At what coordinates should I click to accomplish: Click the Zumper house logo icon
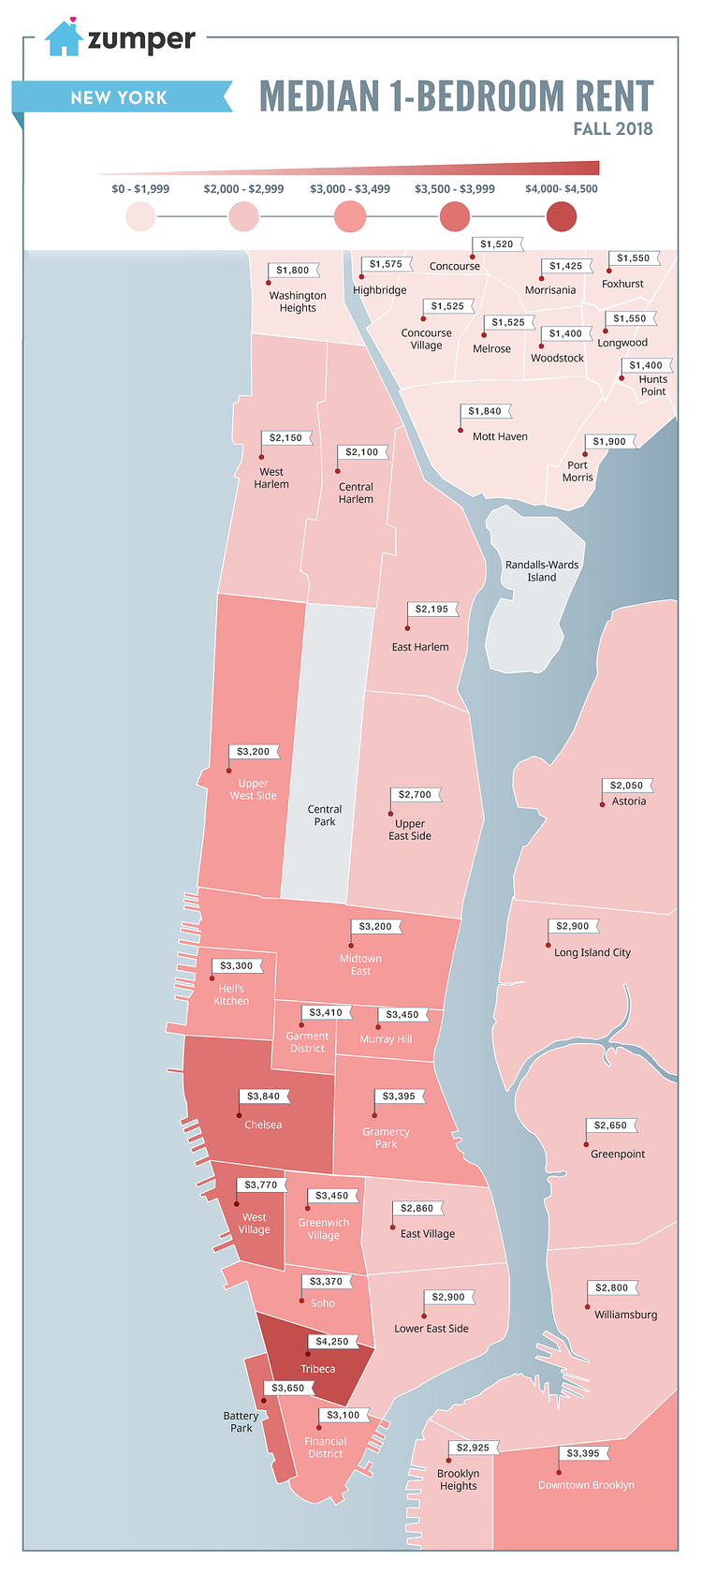(64, 38)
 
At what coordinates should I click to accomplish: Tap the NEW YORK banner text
(119, 97)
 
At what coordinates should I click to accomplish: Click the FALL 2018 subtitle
(613, 129)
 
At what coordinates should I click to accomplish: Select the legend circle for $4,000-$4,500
(562, 217)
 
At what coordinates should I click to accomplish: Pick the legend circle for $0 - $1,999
(140, 217)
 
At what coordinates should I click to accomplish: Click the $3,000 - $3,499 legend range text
(350, 189)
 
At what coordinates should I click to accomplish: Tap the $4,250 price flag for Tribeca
(332, 1342)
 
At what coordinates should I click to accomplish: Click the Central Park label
(325, 816)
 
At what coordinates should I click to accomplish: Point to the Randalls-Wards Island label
(542, 571)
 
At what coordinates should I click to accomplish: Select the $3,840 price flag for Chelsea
(264, 1096)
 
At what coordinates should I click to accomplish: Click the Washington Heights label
(298, 302)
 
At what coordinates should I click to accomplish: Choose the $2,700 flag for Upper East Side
(416, 795)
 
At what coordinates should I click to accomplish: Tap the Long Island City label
(592, 953)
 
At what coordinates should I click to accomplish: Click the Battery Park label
(241, 1422)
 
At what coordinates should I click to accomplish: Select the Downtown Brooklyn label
(586, 1485)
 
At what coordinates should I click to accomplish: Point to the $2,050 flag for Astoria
(627, 786)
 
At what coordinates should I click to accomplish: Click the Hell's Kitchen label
(231, 995)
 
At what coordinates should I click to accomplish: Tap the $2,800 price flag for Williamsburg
(612, 1288)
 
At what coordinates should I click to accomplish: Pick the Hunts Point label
(653, 386)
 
